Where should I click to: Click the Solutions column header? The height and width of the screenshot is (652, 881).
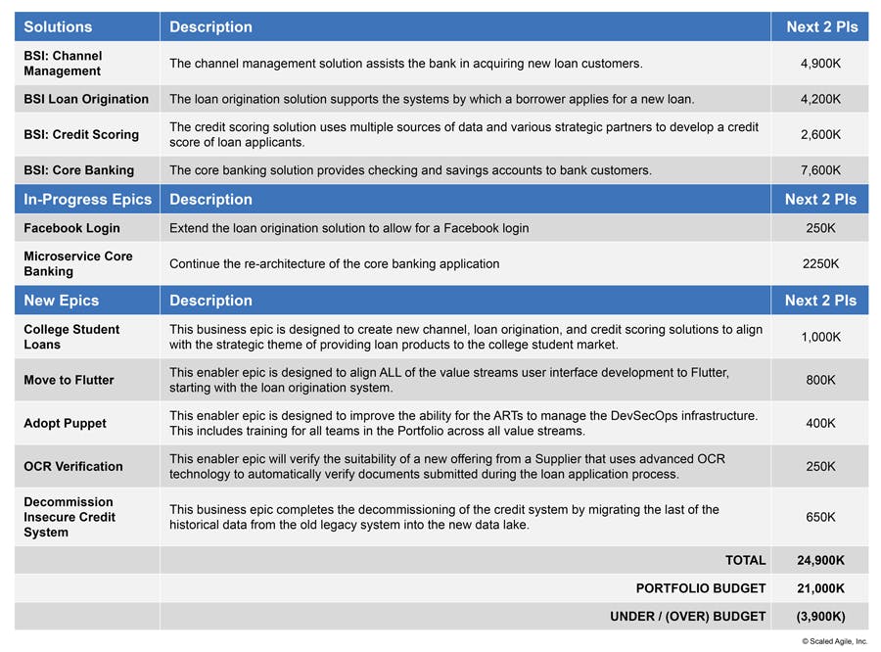point(58,27)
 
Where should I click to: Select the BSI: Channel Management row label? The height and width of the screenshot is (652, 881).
point(63,64)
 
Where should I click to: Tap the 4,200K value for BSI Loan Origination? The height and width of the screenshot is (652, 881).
point(820,99)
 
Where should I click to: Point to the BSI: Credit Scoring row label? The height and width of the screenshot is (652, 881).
point(81,134)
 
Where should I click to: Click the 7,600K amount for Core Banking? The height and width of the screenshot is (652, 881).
point(820,170)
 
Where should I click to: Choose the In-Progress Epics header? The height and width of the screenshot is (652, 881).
point(87,200)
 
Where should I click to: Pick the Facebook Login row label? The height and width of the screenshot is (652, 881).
point(71,228)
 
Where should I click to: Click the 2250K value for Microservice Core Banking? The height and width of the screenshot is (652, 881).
point(820,263)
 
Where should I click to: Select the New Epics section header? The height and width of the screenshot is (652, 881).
point(62,301)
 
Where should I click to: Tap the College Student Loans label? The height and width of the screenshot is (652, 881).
point(71,337)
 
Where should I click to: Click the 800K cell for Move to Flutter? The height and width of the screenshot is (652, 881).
point(820,380)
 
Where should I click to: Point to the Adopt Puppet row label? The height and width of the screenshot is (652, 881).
point(65,423)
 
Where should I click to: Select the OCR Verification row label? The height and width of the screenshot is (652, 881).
point(73,466)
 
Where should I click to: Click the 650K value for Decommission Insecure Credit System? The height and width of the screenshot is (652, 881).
point(820,517)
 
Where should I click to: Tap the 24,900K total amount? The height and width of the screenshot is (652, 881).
point(820,561)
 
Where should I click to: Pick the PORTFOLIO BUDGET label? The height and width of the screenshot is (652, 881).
point(701,588)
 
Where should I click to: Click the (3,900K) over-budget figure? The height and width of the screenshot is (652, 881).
point(820,617)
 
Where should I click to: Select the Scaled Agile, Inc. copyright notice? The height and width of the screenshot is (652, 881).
point(834,641)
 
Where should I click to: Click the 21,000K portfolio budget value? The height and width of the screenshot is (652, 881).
point(820,588)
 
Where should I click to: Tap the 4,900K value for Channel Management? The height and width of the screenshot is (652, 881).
point(820,64)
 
